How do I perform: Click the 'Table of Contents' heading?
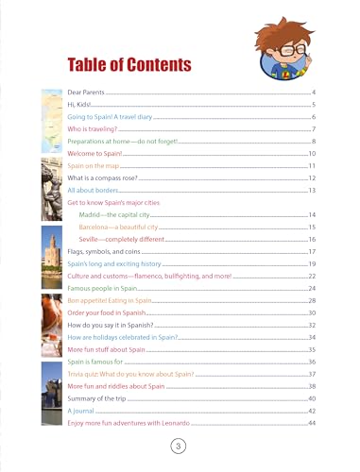[129, 63]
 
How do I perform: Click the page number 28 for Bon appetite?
[310, 300]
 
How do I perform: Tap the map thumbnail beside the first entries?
[52, 123]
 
